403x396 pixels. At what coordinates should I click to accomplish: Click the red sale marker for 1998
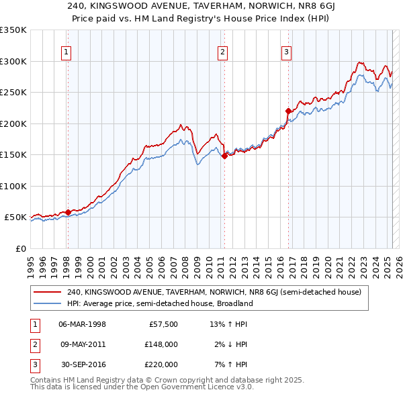click(x=68, y=213)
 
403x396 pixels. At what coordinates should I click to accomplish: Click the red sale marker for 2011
click(x=224, y=156)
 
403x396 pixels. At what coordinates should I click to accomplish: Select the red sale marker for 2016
click(x=288, y=111)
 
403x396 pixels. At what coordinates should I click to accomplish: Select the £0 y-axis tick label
click(x=19, y=248)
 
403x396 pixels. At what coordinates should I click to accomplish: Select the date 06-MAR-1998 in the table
click(x=83, y=324)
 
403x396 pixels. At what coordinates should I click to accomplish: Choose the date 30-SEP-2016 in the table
click(x=83, y=364)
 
